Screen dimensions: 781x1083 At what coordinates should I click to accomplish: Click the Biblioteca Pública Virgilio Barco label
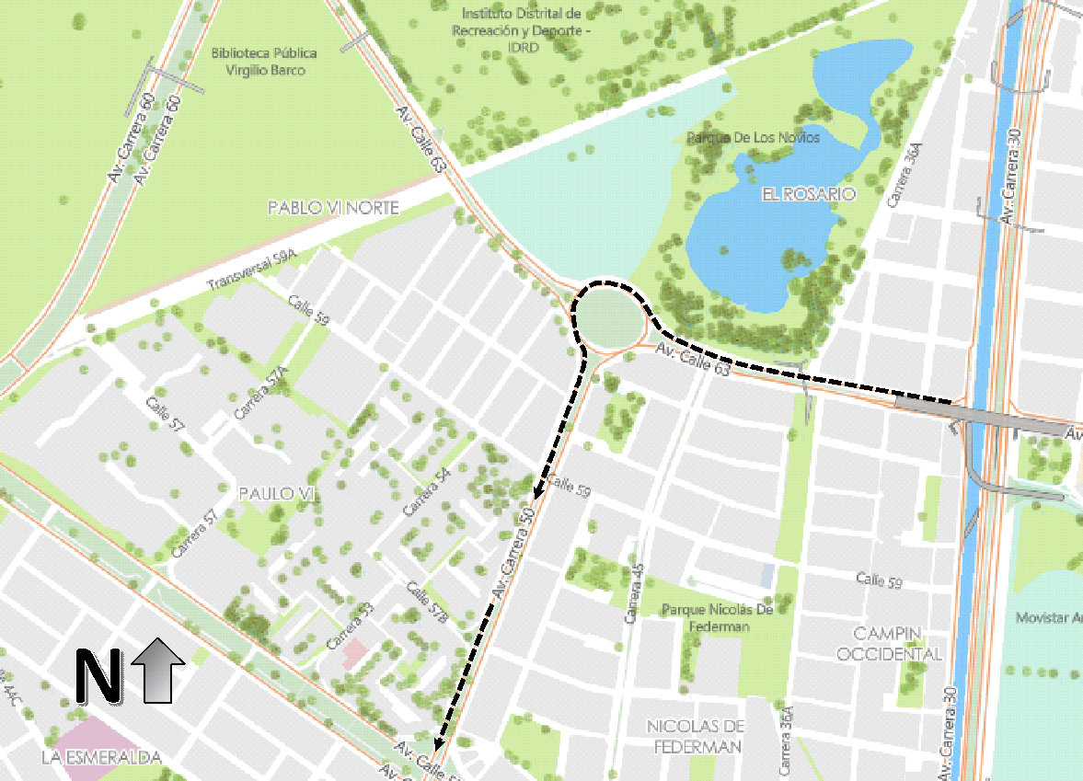tap(258, 61)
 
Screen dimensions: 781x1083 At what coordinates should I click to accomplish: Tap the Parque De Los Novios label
tap(753, 137)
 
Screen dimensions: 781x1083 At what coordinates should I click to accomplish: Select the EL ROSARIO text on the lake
tap(809, 194)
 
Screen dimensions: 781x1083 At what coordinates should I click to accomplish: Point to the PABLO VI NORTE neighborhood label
tap(333, 208)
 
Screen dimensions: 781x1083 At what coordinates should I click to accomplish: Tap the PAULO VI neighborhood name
tap(277, 494)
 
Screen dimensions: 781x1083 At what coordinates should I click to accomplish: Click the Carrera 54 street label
tap(427, 491)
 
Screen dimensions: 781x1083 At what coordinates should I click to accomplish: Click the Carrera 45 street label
tap(632, 595)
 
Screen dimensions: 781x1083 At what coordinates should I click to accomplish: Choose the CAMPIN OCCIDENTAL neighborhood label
tap(898, 643)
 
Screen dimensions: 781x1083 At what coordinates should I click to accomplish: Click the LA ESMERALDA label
tap(101, 758)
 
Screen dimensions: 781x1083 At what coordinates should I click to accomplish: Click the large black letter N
tap(98, 676)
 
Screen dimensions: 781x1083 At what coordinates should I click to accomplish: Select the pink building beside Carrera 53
tap(354, 654)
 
